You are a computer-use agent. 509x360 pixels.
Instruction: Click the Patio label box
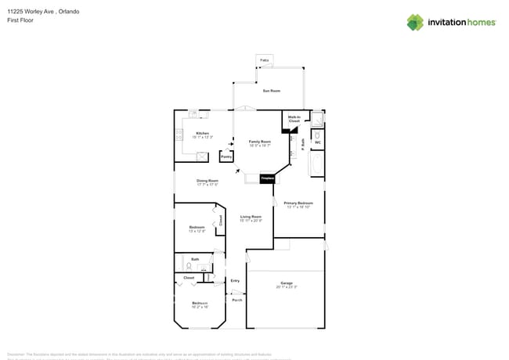point(265,60)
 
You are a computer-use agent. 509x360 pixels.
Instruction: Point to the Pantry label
point(226,157)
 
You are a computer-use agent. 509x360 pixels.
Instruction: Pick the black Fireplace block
point(267,179)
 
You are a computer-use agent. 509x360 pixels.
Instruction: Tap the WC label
point(317,142)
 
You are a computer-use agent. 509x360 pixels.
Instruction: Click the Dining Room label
point(207,182)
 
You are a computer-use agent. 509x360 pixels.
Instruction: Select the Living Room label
point(251,218)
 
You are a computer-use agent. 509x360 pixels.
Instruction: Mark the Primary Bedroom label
point(298,204)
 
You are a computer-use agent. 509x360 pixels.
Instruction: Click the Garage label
point(286,284)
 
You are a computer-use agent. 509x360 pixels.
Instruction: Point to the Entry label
point(235,280)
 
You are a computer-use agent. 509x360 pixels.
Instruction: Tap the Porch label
point(236,300)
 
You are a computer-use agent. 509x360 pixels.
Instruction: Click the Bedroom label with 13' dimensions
point(197,229)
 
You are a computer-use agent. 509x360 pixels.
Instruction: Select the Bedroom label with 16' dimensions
point(200,304)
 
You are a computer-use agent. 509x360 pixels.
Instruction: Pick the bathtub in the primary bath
point(317,164)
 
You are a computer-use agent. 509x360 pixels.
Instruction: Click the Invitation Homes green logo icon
point(415,22)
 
